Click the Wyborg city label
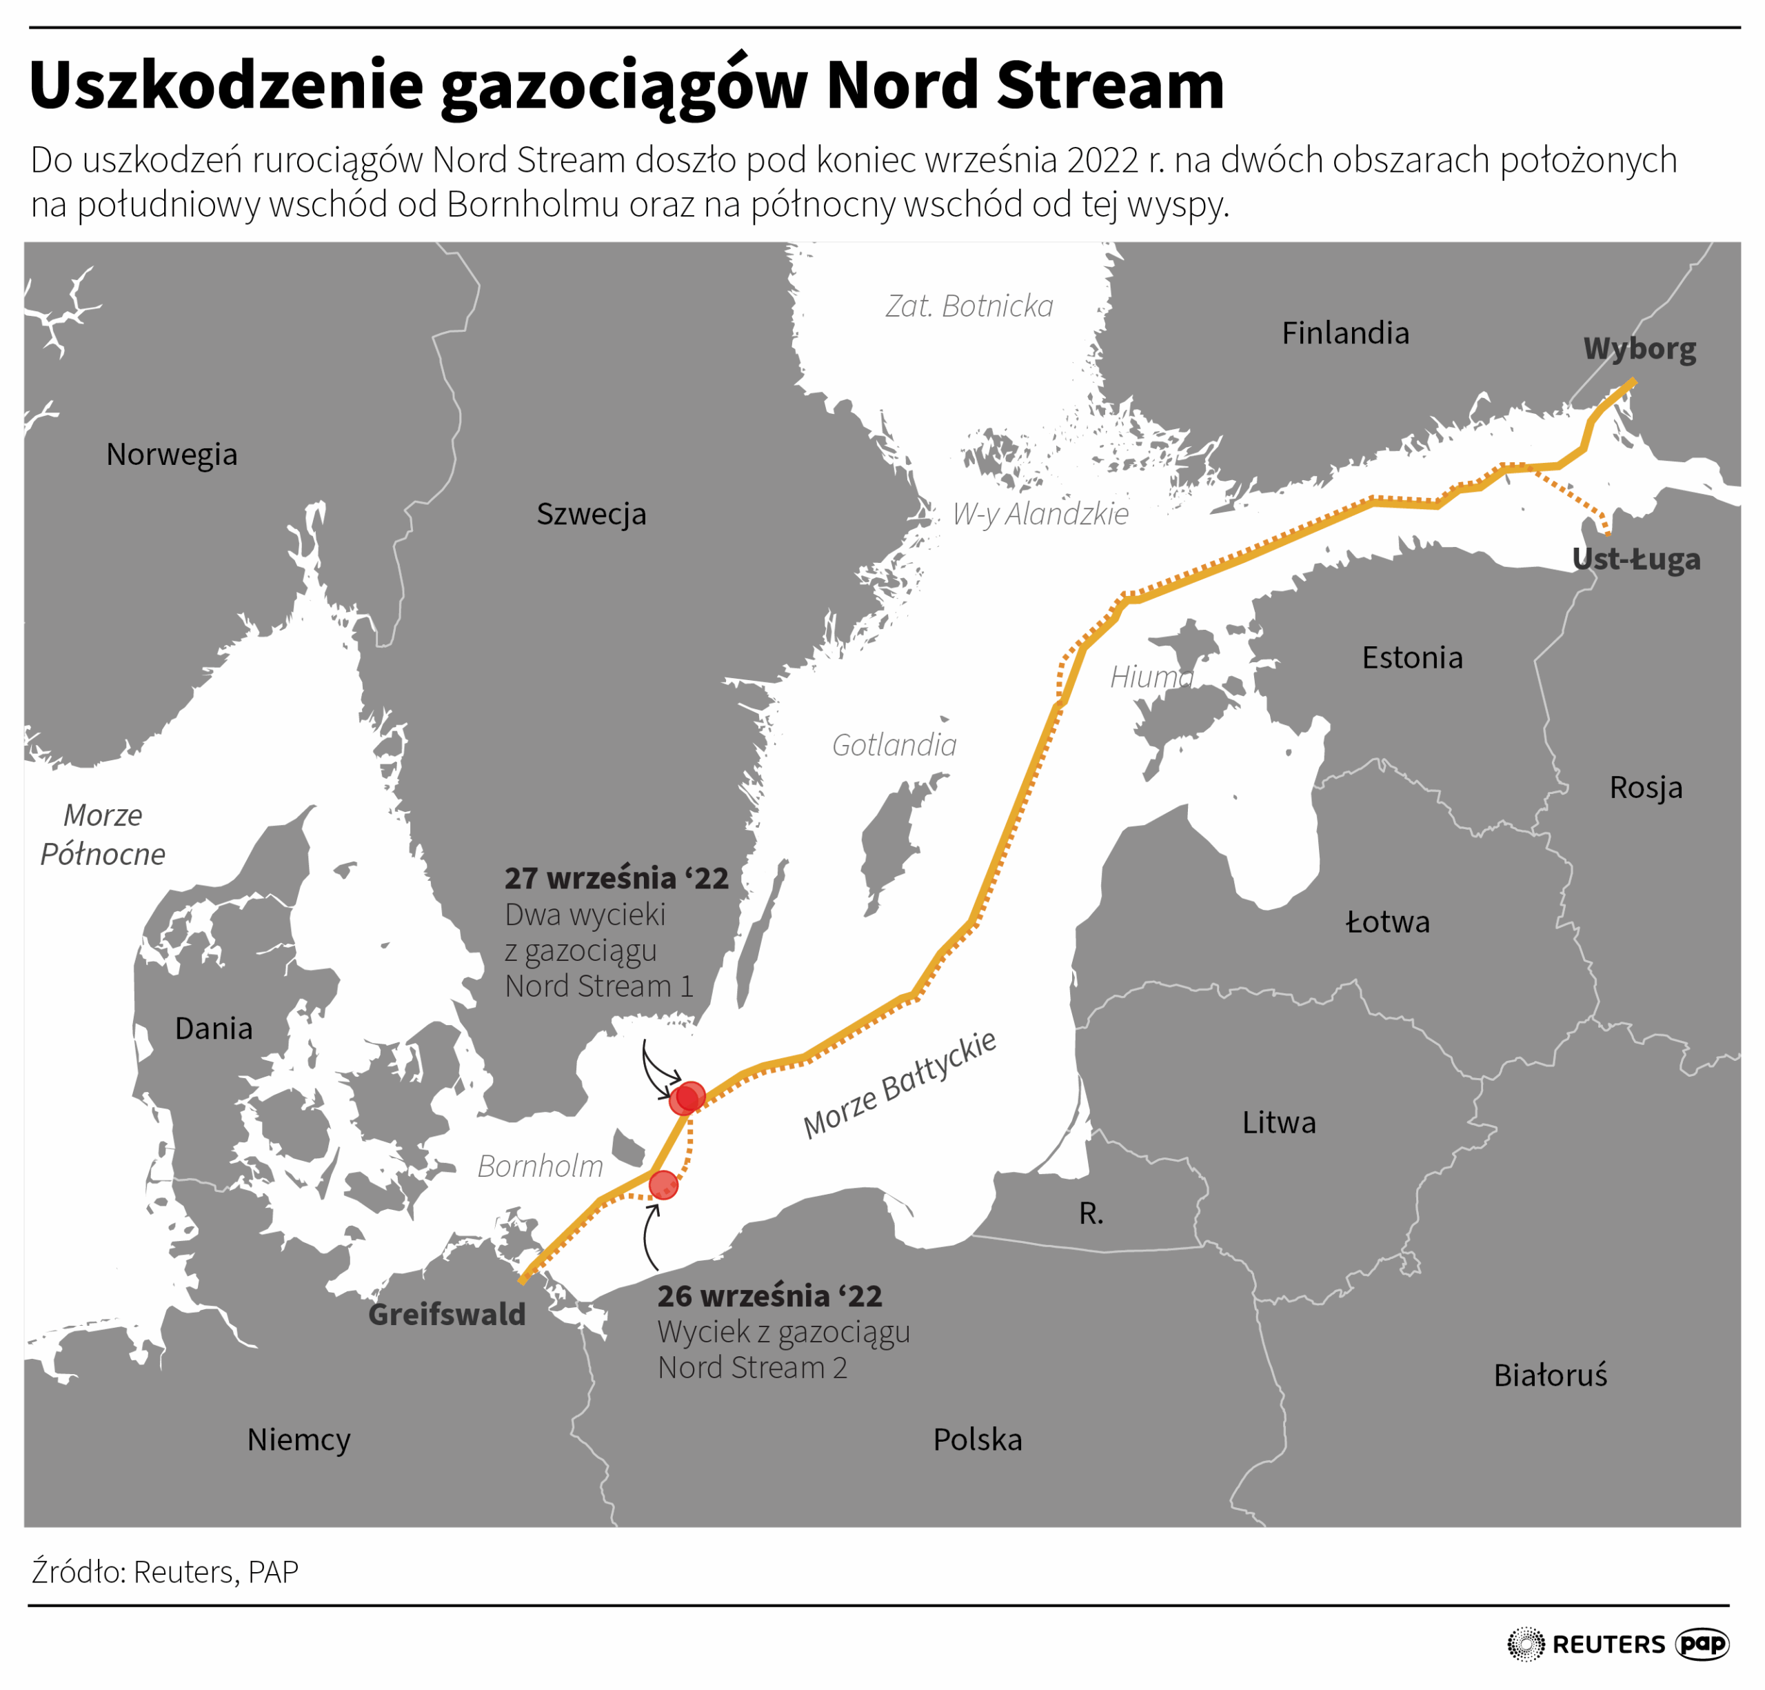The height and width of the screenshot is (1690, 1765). (x=1639, y=348)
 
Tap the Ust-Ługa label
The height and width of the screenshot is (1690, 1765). (x=1635, y=559)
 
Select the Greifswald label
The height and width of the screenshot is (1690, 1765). (x=447, y=1314)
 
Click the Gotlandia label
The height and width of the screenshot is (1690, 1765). (x=894, y=745)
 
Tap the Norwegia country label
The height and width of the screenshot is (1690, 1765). (x=172, y=454)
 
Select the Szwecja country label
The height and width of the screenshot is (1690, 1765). (x=591, y=513)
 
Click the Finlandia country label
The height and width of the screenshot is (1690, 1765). (x=1344, y=333)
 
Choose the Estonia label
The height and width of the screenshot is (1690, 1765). (x=1411, y=657)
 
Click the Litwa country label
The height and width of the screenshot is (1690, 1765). (x=1279, y=1122)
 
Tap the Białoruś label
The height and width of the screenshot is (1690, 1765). (x=1550, y=1375)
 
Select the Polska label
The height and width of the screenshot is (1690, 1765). (x=977, y=1440)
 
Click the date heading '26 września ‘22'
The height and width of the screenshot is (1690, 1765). (x=769, y=1296)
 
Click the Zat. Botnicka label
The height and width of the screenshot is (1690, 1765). (x=969, y=306)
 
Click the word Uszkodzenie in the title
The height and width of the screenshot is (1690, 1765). (x=226, y=86)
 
